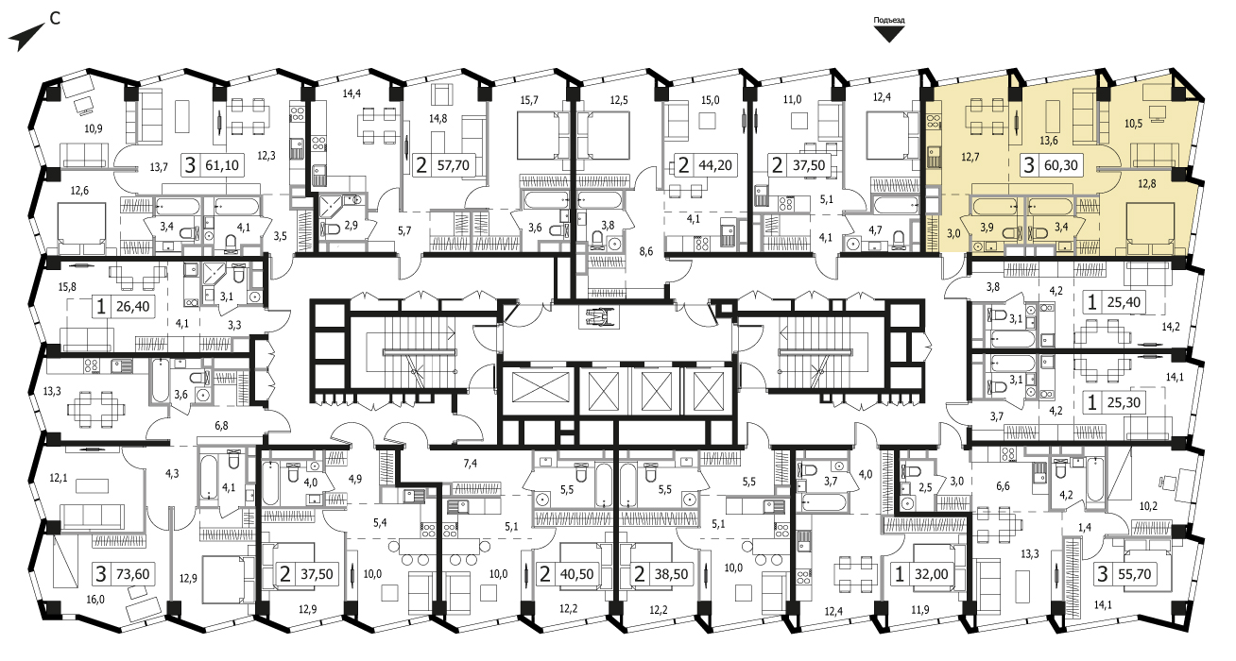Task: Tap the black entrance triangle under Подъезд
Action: (889, 34)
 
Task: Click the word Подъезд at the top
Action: (889, 20)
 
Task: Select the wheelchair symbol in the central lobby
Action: (600, 317)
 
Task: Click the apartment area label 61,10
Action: (222, 165)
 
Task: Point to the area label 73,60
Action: (132, 574)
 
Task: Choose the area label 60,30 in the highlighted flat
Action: (1061, 165)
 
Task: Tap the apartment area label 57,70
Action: (453, 165)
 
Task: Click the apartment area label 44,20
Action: (715, 165)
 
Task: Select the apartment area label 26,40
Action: (133, 306)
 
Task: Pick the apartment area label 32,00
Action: (931, 574)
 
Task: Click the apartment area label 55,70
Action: (1134, 574)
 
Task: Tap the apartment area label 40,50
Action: (576, 574)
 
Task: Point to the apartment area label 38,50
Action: (671, 574)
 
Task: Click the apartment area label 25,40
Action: (1124, 302)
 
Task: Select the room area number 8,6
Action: (645, 251)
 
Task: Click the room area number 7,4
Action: (471, 464)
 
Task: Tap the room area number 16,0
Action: (94, 600)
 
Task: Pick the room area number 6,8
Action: (221, 426)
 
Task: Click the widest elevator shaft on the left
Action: (541, 387)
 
